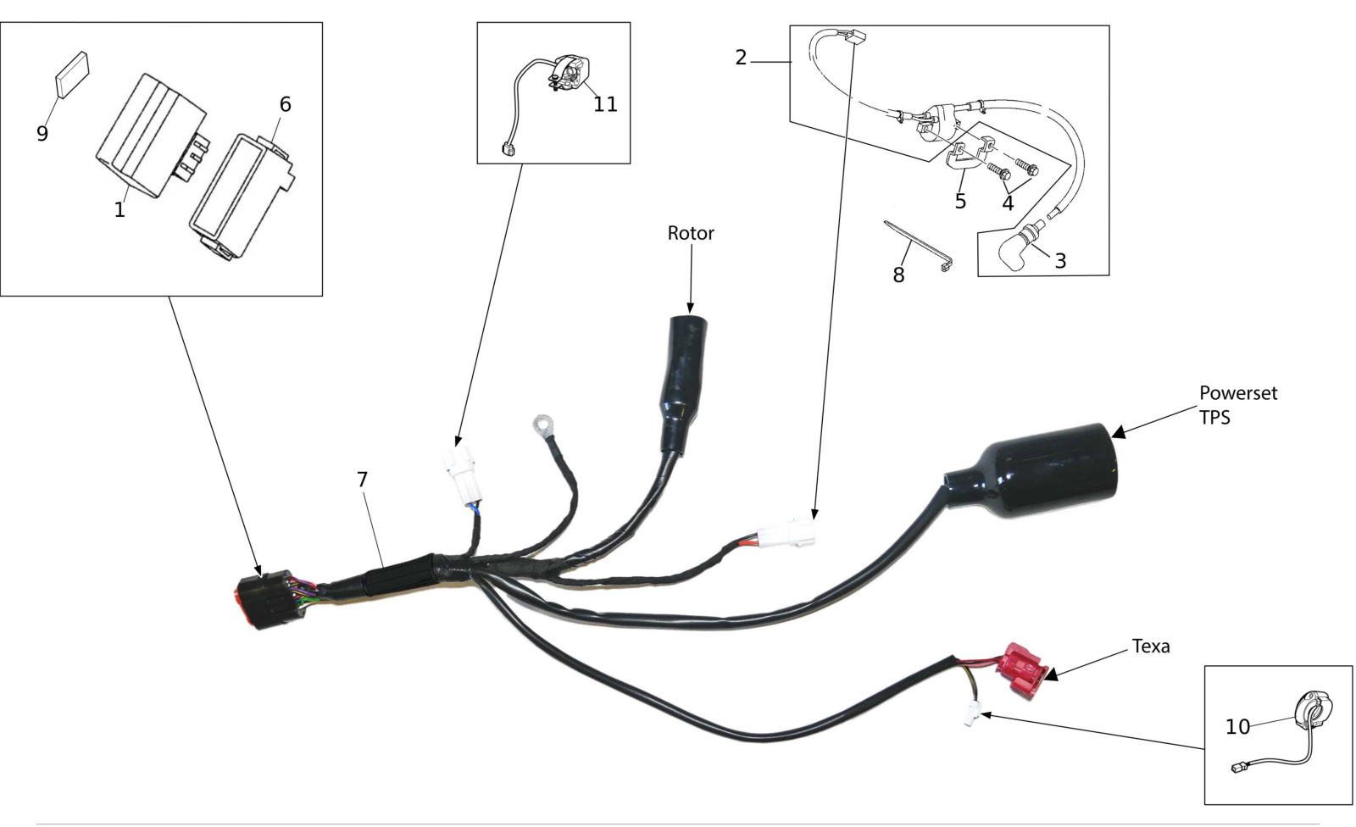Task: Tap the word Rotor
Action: (691, 233)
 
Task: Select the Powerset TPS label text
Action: (1238, 405)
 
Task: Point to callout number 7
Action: (362, 480)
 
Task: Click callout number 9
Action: (42, 134)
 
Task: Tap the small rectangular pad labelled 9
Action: (73, 74)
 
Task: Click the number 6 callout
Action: (285, 104)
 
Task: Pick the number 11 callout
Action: (605, 104)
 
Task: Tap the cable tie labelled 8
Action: (918, 245)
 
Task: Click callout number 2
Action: (741, 58)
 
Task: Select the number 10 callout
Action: (1237, 726)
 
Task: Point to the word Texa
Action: (1151, 646)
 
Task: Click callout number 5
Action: (960, 201)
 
